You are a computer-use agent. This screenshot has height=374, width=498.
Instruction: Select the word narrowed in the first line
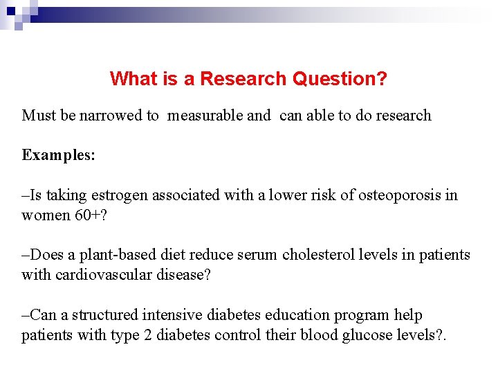(x=118, y=115)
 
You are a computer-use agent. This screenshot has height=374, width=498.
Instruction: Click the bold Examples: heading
(x=59, y=154)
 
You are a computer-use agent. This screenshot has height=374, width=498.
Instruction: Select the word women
(x=45, y=215)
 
